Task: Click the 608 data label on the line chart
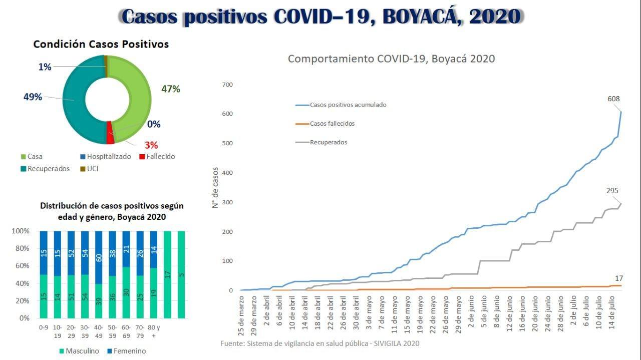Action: (613, 99)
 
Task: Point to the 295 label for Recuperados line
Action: (612, 191)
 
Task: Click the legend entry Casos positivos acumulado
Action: (348, 105)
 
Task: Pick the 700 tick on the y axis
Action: (228, 85)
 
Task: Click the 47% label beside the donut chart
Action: (170, 89)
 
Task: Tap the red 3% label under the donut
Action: (151, 145)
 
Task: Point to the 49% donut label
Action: (33, 97)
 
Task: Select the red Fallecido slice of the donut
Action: (110, 138)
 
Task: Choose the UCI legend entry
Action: (92, 169)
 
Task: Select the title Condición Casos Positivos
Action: (101, 44)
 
